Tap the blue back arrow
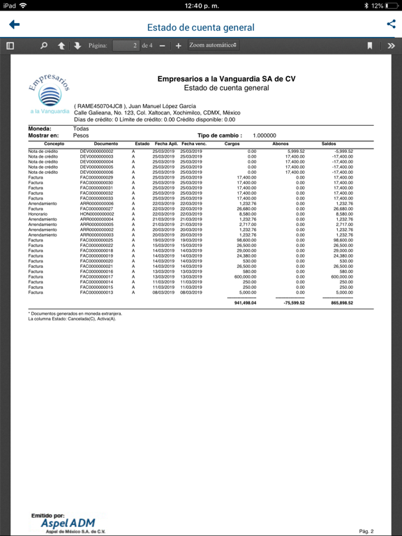[14, 25]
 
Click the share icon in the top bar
[390, 24]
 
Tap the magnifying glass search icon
[44, 45]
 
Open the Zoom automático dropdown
[213, 45]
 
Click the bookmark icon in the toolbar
[370, 45]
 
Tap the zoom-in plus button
[178, 45]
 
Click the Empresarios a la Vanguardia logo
[49, 94]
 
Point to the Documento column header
[96, 144]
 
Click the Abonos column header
[280, 144]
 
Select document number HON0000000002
[96, 214]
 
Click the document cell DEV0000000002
[96, 151]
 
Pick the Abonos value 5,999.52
[295, 151]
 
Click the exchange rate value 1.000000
[264, 135]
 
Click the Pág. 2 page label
[366, 531]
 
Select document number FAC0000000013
[96, 292]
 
